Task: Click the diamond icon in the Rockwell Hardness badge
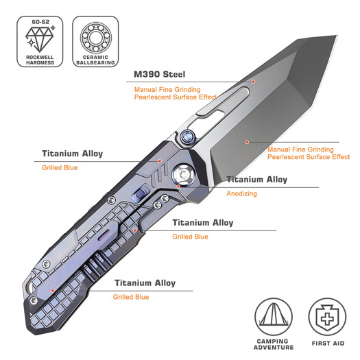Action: (x=40, y=39)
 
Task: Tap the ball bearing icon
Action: (x=96, y=38)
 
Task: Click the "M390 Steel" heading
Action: (x=159, y=74)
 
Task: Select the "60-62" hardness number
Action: (x=40, y=22)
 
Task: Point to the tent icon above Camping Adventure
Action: (x=274, y=315)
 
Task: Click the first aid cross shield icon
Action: (x=327, y=317)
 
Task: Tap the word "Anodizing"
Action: (x=241, y=193)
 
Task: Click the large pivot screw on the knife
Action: (x=183, y=174)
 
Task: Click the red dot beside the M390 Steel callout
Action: (x=253, y=82)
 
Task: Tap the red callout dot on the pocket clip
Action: (x=53, y=291)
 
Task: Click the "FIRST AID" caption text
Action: (x=328, y=344)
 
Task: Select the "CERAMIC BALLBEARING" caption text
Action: (x=95, y=60)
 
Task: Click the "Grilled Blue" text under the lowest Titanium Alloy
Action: (x=131, y=297)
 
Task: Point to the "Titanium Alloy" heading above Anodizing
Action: (x=257, y=179)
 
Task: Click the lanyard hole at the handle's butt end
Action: (x=29, y=287)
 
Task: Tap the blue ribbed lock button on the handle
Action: (x=140, y=193)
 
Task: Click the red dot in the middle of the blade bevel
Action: (x=247, y=143)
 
